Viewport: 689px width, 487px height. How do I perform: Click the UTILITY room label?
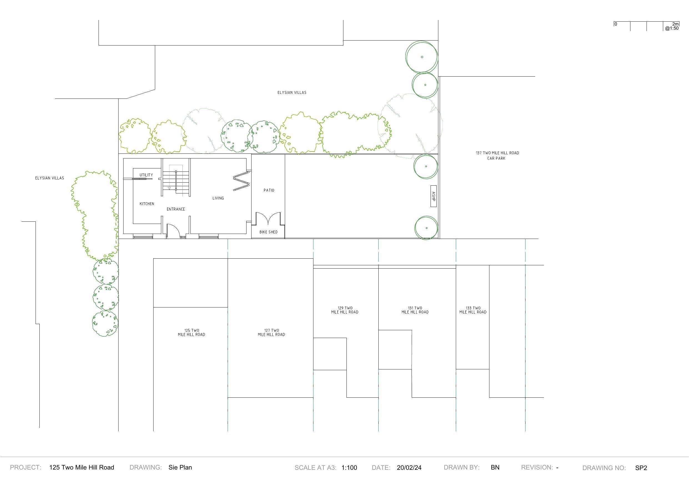[x=146, y=175]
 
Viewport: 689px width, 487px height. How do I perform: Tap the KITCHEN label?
[x=147, y=204]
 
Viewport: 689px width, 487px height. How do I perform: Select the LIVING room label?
[x=218, y=198]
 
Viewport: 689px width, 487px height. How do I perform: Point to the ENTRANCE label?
[x=176, y=209]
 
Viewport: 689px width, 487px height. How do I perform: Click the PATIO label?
[x=269, y=190]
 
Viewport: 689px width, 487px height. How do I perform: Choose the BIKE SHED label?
[x=268, y=232]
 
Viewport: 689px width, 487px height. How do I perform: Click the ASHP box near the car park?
[x=433, y=196]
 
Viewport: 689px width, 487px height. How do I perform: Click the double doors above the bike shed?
[x=268, y=218]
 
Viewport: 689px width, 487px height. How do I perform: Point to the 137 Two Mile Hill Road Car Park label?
[x=497, y=155]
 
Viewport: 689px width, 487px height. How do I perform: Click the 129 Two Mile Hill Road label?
[x=345, y=310]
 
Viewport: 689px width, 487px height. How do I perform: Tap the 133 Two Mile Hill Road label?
[x=473, y=310]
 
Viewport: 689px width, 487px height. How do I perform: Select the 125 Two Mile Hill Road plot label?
[x=192, y=332]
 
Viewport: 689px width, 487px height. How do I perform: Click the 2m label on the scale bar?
[x=675, y=24]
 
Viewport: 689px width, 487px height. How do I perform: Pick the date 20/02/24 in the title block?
[x=409, y=468]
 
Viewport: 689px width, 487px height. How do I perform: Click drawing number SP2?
[x=641, y=468]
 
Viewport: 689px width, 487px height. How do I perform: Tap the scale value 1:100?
[x=349, y=468]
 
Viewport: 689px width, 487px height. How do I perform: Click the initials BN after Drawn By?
[x=495, y=467]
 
